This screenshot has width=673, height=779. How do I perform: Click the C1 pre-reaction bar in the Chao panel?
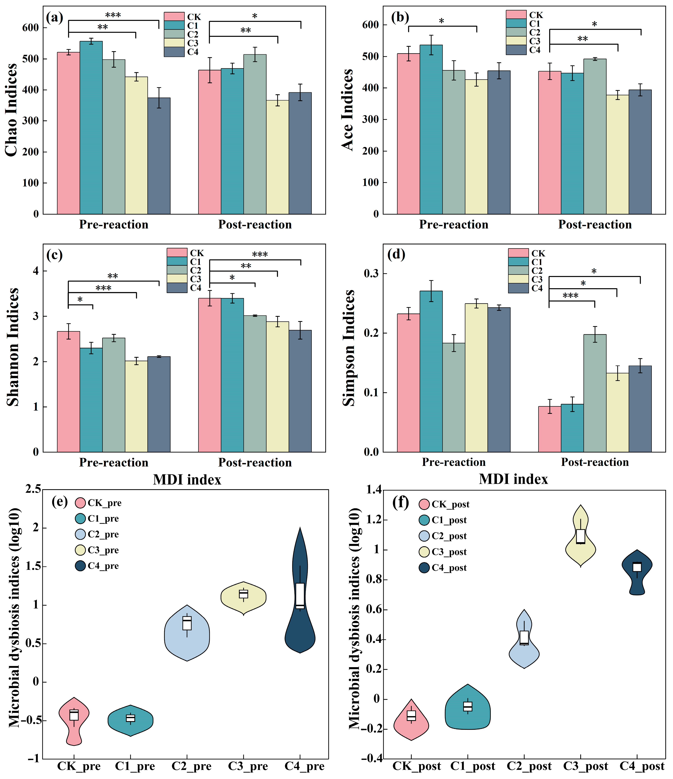(91, 128)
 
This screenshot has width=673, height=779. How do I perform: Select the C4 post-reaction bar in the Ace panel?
(640, 152)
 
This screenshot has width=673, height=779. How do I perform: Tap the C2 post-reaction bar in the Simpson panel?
(595, 393)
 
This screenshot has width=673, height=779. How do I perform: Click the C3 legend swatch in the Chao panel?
(174, 43)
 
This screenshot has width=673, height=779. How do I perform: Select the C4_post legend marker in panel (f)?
(424, 568)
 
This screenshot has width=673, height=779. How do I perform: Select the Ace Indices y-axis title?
(348, 110)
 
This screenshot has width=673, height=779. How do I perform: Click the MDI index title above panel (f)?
(513, 479)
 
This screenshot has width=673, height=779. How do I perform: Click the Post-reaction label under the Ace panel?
(595, 224)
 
